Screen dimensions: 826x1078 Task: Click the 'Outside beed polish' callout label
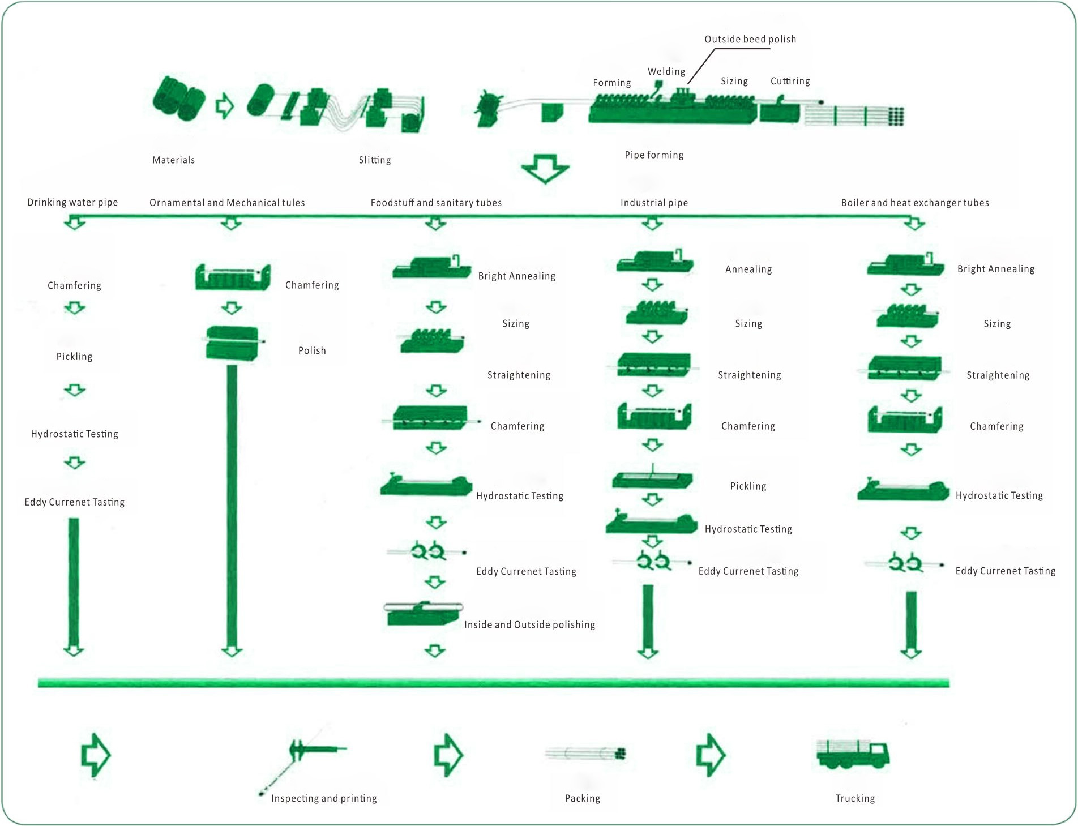click(750, 40)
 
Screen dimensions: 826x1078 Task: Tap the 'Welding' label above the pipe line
click(666, 72)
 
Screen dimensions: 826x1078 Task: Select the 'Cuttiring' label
click(790, 82)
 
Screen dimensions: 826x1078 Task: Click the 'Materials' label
click(173, 160)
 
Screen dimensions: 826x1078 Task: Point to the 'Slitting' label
click(374, 160)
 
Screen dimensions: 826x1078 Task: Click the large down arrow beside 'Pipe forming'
click(545, 168)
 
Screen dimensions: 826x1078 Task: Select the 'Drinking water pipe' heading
click(72, 203)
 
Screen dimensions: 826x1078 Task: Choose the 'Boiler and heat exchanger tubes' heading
click(914, 203)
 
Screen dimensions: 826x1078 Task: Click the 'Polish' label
click(312, 351)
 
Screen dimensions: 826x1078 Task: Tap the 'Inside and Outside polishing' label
click(529, 625)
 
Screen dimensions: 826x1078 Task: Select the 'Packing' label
click(582, 798)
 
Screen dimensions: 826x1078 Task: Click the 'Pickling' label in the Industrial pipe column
click(748, 486)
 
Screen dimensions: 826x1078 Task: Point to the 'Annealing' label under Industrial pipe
click(748, 269)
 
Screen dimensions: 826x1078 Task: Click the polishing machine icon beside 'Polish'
click(232, 343)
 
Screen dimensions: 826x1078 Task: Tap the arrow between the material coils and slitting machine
click(225, 105)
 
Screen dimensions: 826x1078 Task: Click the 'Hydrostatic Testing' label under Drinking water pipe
click(74, 434)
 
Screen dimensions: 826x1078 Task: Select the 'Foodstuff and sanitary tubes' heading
click(436, 203)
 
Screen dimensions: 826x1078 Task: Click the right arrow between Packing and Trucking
click(711, 755)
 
